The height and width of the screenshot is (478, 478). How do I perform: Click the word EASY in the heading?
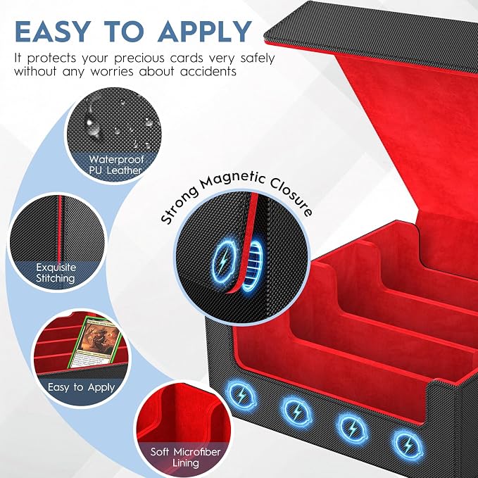click(x=52, y=32)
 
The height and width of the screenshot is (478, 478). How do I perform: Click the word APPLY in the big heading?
click(x=205, y=32)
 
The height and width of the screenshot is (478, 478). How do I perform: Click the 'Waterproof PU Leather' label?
click(x=116, y=165)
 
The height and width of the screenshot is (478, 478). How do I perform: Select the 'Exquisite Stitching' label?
click(x=56, y=273)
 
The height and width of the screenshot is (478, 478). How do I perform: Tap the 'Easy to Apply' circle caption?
click(x=81, y=387)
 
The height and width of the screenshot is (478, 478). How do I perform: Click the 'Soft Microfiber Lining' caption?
click(x=185, y=457)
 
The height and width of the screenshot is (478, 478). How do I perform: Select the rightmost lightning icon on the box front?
click(x=408, y=445)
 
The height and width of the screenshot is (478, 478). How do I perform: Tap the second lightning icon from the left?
click(x=296, y=412)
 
